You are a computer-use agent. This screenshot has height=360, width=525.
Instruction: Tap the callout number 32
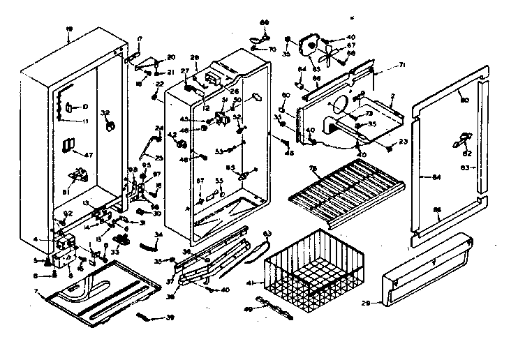pyautogui.click(x=106, y=112)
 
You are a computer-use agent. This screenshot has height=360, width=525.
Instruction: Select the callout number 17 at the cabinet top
pyautogui.click(x=140, y=38)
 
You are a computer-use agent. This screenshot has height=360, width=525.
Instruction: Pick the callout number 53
pyautogui.click(x=218, y=151)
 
